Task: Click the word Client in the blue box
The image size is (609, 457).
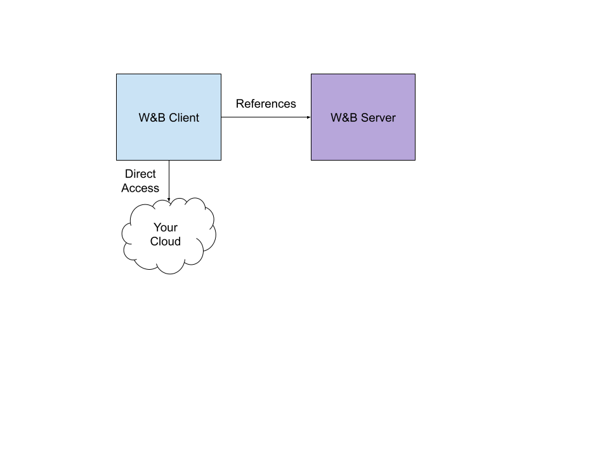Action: [x=184, y=117]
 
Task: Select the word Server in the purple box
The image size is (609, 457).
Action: [x=379, y=117]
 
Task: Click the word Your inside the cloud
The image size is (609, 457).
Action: [x=166, y=227]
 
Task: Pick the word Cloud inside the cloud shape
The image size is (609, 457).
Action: [x=166, y=241]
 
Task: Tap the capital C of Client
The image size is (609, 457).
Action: [x=173, y=117]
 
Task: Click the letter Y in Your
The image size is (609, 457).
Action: [x=157, y=227]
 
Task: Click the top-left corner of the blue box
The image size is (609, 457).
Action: [x=117, y=74]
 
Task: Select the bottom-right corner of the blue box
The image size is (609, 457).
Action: [x=220, y=159]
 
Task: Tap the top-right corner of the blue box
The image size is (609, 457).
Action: [x=220, y=74]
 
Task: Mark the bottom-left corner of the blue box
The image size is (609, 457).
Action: [x=117, y=159]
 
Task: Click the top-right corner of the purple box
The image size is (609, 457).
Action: [x=414, y=74]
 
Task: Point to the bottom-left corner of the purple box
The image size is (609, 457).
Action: [x=311, y=159]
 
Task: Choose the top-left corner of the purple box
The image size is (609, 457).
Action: [x=311, y=74]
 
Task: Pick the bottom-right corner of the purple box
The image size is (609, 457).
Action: [x=414, y=159]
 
